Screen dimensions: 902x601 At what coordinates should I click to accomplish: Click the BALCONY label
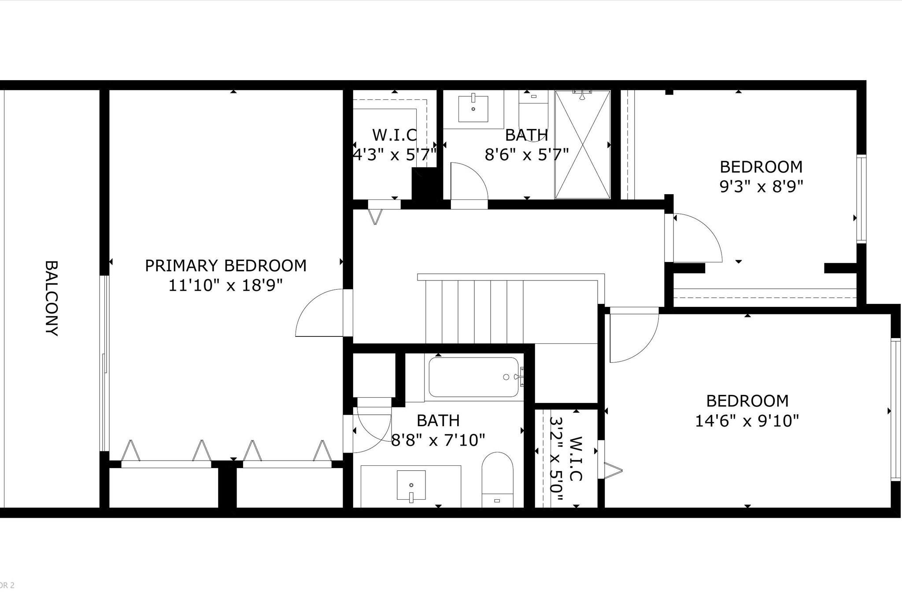pyautogui.click(x=52, y=298)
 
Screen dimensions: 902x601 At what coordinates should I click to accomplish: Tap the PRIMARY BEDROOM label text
pyautogui.click(x=225, y=265)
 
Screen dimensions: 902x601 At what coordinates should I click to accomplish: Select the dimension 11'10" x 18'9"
pyautogui.click(x=225, y=285)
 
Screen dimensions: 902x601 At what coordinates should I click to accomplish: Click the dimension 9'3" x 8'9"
pyautogui.click(x=761, y=187)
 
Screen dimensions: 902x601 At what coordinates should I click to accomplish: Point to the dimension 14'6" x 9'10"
pyautogui.click(x=747, y=421)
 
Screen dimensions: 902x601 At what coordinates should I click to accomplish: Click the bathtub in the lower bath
pyautogui.click(x=474, y=377)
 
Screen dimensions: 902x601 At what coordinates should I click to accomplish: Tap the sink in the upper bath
pyautogui.click(x=473, y=109)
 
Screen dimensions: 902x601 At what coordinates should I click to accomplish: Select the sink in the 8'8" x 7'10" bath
pyautogui.click(x=411, y=486)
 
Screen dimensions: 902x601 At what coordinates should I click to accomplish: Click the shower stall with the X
pyautogui.click(x=583, y=144)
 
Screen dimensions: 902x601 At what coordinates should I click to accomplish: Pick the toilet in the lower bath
pyautogui.click(x=497, y=480)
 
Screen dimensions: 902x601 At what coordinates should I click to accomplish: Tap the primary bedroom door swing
pyautogui.click(x=320, y=313)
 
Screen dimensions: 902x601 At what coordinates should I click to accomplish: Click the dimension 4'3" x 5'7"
pyautogui.click(x=395, y=155)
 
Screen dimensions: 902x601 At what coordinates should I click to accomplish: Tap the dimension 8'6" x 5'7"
pyautogui.click(x=527, y=155)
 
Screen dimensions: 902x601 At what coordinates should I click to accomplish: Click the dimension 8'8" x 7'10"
pyautogui.click(x=438, y=439)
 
